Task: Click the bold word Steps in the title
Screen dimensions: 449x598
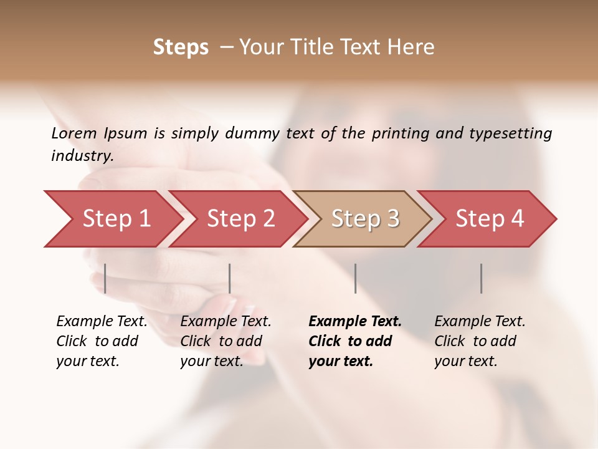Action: coord(181,47)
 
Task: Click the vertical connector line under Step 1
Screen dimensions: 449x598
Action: coord(105,278)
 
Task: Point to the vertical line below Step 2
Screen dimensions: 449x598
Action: coord(230,278)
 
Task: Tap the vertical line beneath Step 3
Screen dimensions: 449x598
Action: coord(355,278)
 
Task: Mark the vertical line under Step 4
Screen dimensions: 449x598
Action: coord(481,278)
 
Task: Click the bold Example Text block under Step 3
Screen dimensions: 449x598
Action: coord(354,341)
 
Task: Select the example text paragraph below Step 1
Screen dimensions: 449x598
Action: coord(102,341)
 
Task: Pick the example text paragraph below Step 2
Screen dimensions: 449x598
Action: coord(225,341)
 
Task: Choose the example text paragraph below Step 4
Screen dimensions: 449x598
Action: coord(480,341)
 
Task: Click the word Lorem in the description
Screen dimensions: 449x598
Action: coord(74,133)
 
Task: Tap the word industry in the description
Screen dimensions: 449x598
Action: coord(82,156)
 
